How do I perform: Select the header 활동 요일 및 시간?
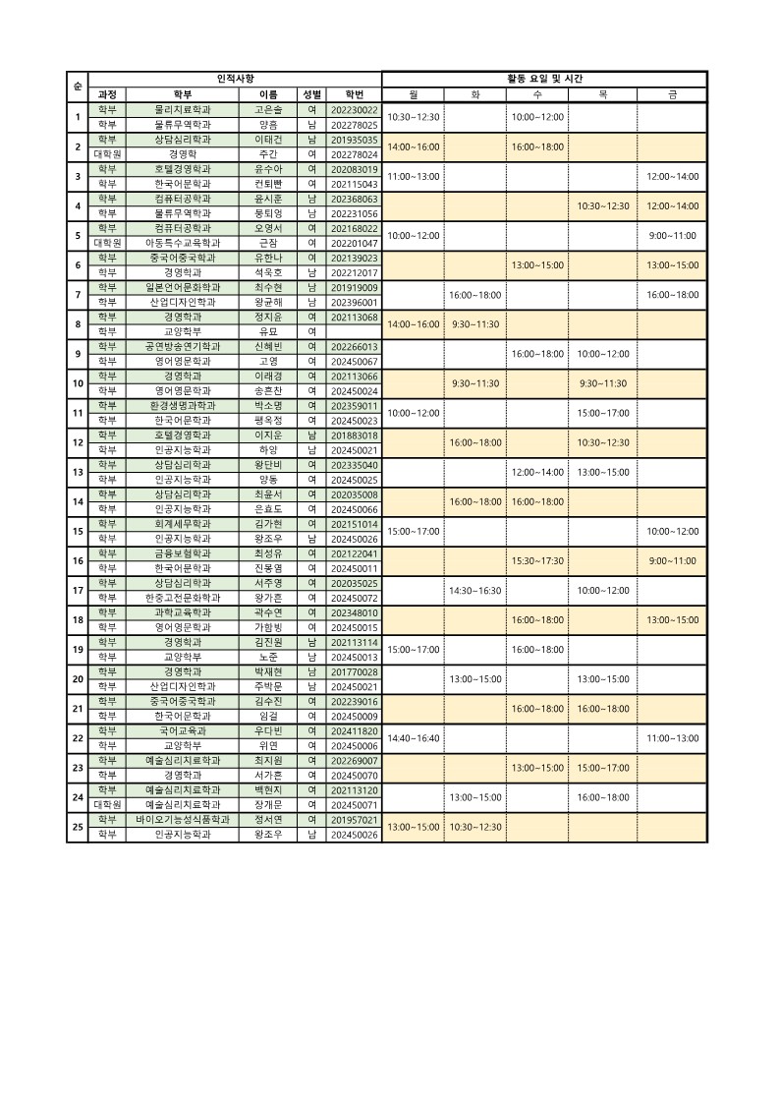(544, 79)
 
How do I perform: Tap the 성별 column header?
(311, 94)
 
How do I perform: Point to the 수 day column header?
(537, 94)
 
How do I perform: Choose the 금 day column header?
(672, 94)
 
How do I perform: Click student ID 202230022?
(355, 110)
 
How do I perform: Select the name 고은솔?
(267, 110)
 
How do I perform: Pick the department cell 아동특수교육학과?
(183, 243)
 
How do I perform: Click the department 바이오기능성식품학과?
(183, 819)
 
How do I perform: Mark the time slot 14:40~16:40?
(414, 737)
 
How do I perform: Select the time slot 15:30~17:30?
(537, 560)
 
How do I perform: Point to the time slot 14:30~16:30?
(475, 590)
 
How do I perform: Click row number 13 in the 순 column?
(78, 472)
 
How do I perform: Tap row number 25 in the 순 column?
(78, 826)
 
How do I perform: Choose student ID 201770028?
(355, 671)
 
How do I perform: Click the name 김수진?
(267, 701)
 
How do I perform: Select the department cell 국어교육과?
(183, 730)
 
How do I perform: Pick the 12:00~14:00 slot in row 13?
(537, 472)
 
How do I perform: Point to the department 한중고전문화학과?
(183, 598)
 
